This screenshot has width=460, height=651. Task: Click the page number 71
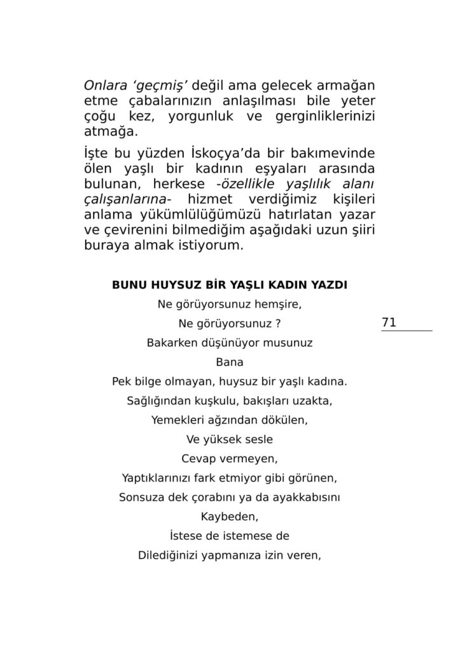pyautogui.click(x=389, y=323)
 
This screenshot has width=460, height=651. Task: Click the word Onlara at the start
pyautogui.click(x=105, y=85)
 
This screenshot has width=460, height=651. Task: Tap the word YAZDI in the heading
pyautogui.click(x=328, y=285)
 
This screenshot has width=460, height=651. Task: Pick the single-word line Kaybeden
pyautogui.click(x=230, y=516)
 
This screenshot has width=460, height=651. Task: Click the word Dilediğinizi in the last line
pyautogui.click(x=167, y=554)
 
